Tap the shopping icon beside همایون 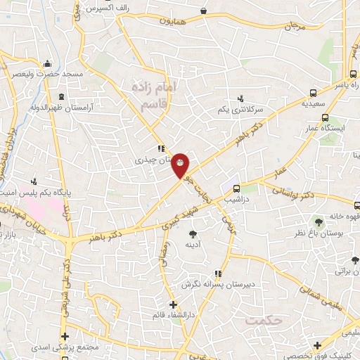pos(203,11)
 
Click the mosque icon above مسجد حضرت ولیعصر pos(48,63)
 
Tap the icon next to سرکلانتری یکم pos(241,98)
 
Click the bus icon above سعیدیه pos(313,92)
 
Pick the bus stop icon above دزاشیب pos(236,188)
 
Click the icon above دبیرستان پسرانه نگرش pos(217,274)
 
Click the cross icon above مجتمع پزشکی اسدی pos(65,336)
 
